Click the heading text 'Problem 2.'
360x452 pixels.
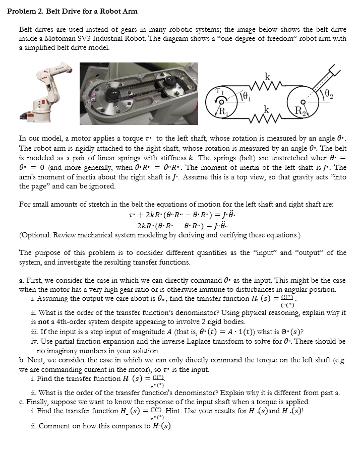pyautogui.click(x=27, y=11)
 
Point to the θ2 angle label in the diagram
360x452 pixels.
pyautogui.click(x=329, y=94)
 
